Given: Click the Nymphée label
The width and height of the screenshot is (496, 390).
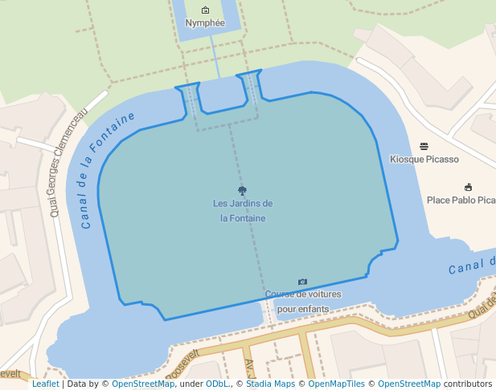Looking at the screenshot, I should point(205,23).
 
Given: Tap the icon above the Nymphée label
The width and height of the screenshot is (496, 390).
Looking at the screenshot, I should point(205,10).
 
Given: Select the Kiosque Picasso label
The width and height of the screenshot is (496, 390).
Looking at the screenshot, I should point(424,159).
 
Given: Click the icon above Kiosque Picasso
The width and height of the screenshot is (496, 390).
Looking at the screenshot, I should point(424,146).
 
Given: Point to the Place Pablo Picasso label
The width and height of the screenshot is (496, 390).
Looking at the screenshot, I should point(461,200).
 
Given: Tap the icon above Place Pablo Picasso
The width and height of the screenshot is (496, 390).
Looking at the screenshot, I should point(468,187).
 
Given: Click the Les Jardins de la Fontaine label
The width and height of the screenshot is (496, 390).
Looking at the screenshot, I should point(243,210).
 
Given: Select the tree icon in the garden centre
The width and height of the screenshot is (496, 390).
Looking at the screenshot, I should point(242,191).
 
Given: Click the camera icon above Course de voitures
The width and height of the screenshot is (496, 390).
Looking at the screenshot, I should point(302,282).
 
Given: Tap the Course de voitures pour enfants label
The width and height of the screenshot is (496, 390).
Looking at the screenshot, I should point(303,301).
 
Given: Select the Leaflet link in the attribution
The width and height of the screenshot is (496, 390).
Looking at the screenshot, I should point(45,384).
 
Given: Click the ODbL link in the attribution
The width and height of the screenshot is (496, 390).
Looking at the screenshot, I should point(216,384).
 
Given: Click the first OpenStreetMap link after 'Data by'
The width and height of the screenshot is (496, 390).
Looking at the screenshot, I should point(143,384).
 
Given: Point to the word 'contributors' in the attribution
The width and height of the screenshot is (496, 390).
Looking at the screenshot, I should point(468,384).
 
